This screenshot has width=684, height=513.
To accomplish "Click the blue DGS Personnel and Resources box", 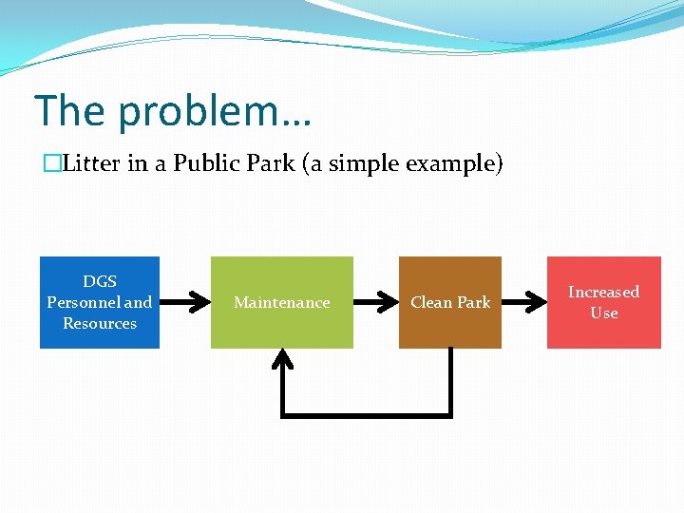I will point(100,302).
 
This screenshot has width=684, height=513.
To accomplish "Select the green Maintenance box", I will point(281,302).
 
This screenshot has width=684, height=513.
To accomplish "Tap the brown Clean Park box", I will point(450,302).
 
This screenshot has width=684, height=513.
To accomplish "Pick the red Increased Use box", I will point(603,302).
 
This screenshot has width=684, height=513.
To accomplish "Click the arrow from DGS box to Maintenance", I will point(185,302).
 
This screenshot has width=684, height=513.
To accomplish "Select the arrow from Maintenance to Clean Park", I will point(375,302).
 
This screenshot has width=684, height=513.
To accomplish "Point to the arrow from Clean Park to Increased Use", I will point(523,302).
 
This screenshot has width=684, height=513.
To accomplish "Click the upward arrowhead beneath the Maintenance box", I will point(282,359).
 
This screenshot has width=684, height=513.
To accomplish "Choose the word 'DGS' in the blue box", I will point(100,281).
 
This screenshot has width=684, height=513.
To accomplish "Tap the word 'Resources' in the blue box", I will point(100,323).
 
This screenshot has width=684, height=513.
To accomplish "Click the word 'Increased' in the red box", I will point(603,292).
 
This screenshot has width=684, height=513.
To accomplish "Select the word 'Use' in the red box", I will point(603,313).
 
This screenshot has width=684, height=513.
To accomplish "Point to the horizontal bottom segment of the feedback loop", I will point(366,414).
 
